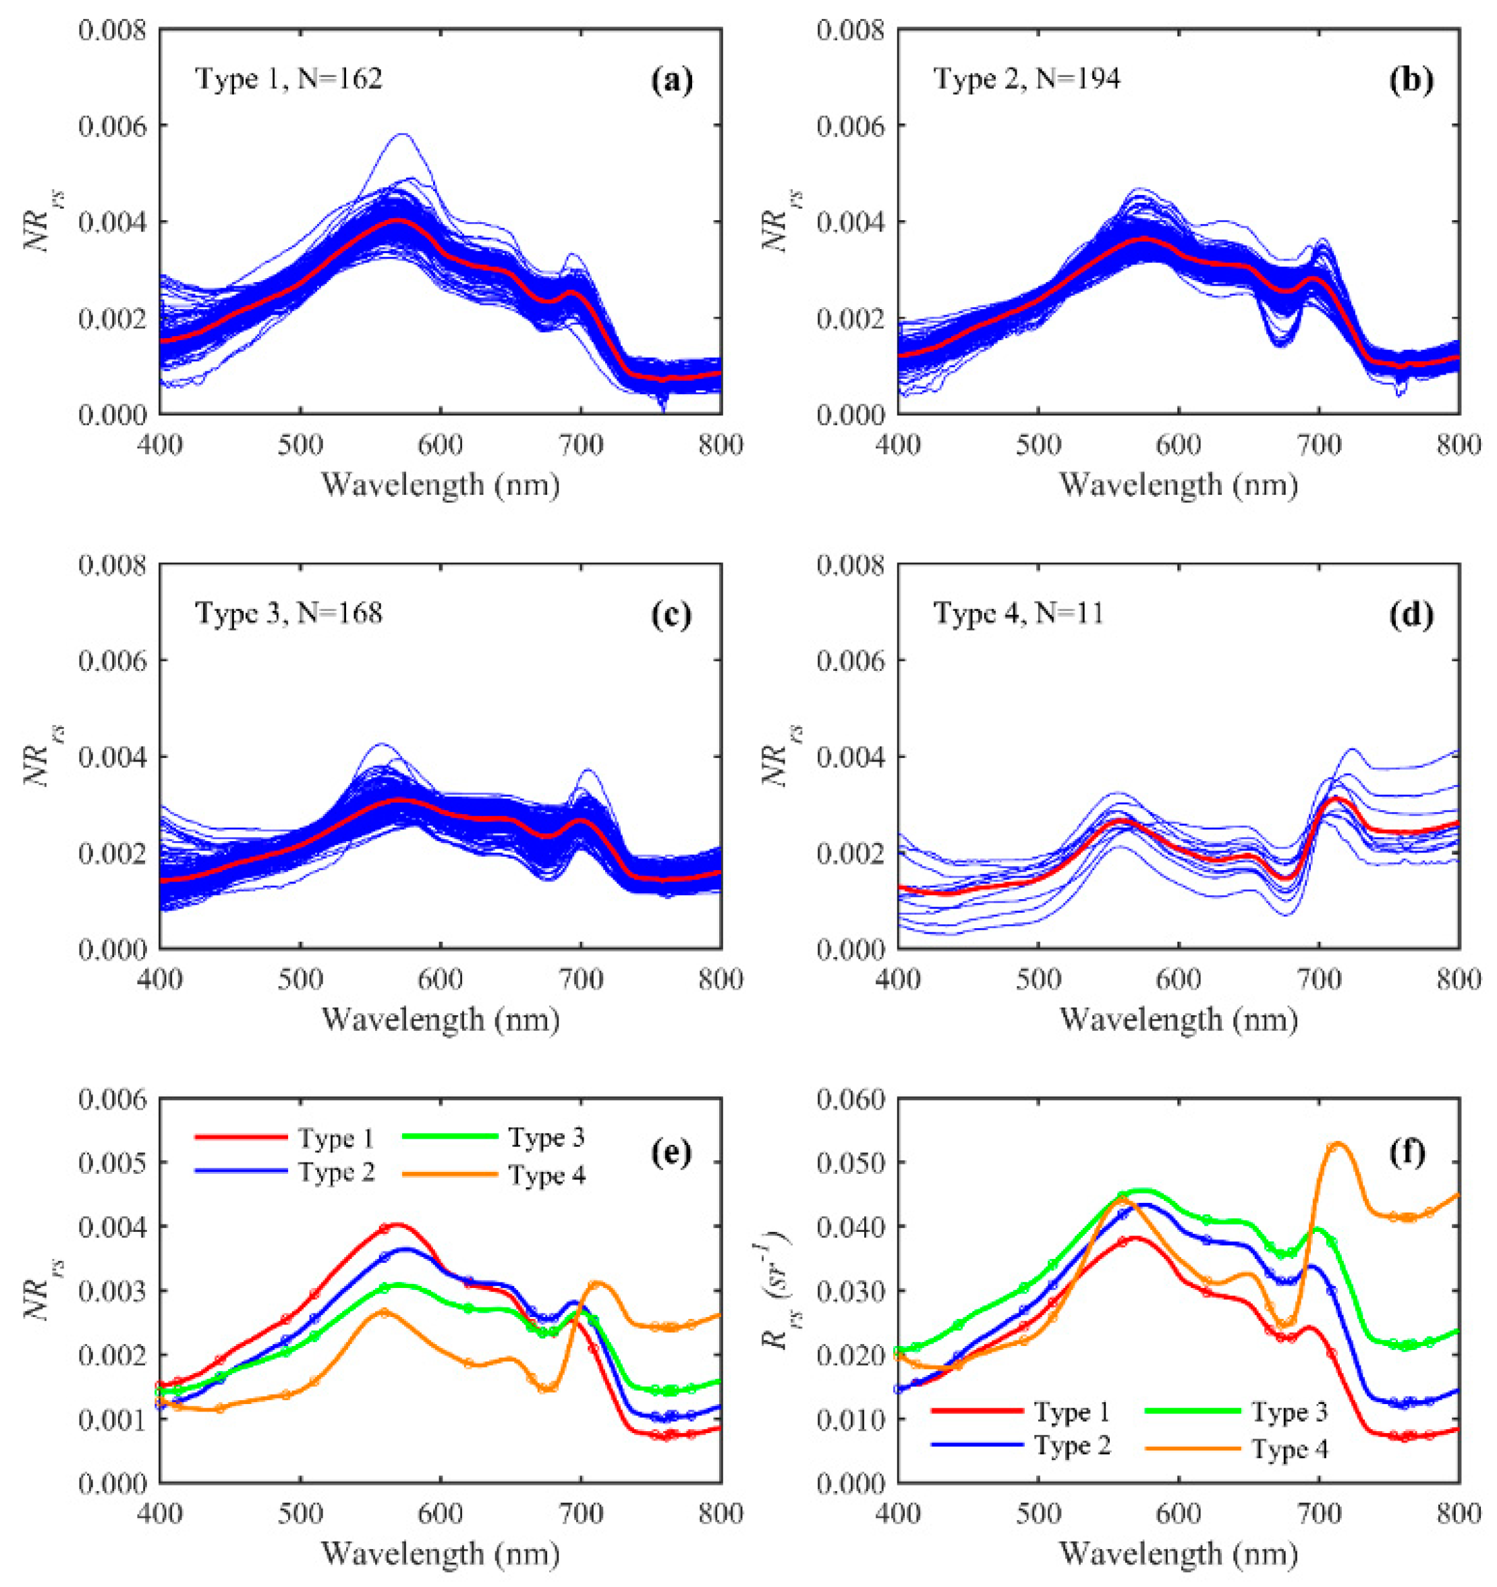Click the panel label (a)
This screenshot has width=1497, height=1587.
pos(671,80)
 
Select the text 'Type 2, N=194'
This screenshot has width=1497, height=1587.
pos(1026,79)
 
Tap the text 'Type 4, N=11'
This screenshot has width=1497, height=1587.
pos(1018,614)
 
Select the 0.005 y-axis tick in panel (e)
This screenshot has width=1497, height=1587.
pos(113,1162)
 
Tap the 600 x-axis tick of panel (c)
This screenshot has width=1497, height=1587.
pos(441,979)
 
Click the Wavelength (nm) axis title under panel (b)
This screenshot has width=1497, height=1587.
pos(1179,485)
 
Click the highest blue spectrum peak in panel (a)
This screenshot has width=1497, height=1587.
pos(401,134)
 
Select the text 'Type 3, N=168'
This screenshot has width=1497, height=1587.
pos(289,614)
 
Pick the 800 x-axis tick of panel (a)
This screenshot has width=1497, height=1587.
pos(721,445)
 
